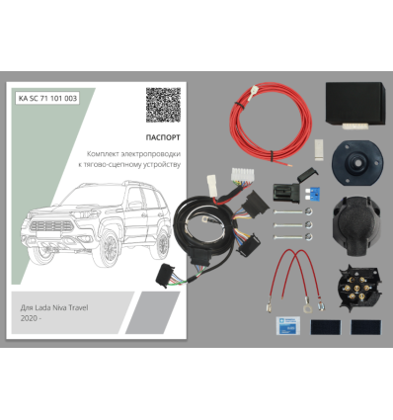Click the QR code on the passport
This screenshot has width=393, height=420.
click(x=163, y=105)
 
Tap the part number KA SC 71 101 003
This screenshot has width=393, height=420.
click(x=47, y=98)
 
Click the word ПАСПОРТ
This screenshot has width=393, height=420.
click(x=163, y=137)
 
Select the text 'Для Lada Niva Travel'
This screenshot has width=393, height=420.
click(x=54, y=308)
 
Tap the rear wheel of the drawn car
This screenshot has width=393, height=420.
click(x=162, y=244)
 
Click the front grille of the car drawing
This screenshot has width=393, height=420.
click(x=52, y=226)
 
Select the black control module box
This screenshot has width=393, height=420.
click(x=355, y=105)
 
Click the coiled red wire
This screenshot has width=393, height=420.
click(x=271, y=123)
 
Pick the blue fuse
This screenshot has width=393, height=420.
click(x=312, y=195)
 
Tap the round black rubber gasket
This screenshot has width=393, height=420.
click(x=357, y=163)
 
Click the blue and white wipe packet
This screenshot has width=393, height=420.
click(x=288, y=326)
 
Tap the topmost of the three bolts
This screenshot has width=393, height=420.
click(x=292, y=211)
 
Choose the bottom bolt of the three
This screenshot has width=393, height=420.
click(x=292, y=236)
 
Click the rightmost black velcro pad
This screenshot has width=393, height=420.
click(x=365, y=327)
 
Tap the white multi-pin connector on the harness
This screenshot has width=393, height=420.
click(x=242, y=175)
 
